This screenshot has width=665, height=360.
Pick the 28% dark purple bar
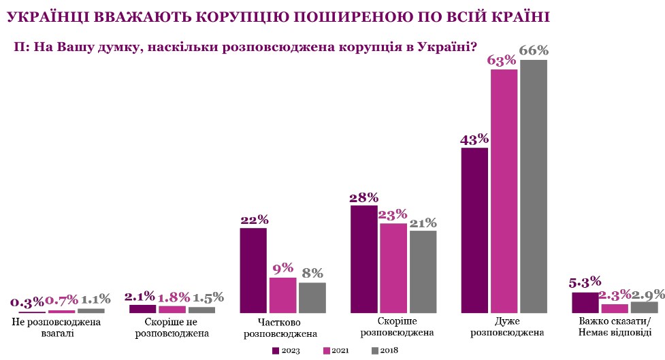pyautogui.click(x=363, y=259)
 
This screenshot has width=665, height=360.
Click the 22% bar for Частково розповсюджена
pyautogui.click(x=253, y=270)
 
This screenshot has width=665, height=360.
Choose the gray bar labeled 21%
pyautogui.click(x=423, y=272)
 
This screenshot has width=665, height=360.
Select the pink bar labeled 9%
pyautogui.click(x=282, y=295)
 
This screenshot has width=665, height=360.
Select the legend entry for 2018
pyautogui.click(x=385, y=350)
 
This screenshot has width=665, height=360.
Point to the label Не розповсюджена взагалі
pyautogui.click(x=56, y=327)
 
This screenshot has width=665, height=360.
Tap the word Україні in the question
pyautogui.click(x=443, y=47)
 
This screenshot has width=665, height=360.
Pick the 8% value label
pyautogui.click(x=312, y=274)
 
